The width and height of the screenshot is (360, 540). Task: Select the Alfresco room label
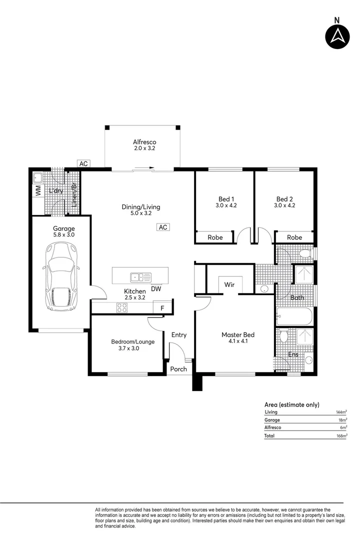click(x=144, y=141)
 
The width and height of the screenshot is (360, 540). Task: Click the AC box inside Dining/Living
click(x=163, y=227)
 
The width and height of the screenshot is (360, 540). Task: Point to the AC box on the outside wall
click(x=83, y=163)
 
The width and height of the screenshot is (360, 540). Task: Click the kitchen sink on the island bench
click(x=137, y=276)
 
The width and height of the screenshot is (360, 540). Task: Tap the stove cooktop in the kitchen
click(x=121, y=308)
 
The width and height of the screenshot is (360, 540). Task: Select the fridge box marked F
click(x=162, y=308)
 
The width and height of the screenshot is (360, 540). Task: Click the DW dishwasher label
click(x=155, y=288)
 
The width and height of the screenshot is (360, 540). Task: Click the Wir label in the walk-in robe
click(x=229, y=285)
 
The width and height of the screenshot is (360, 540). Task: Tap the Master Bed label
click(x=235, y=334)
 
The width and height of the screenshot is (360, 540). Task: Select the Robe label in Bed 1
click(x=215, y=237)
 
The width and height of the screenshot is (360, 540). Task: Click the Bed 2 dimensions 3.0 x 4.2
click(x=284, y=205)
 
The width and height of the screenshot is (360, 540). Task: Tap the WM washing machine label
click(x=37, y=190)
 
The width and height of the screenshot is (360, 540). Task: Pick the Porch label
click(x=178, y=369)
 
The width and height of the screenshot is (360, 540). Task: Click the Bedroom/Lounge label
click(x=132, y=341)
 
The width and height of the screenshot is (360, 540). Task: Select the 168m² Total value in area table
click(x=342, y=436)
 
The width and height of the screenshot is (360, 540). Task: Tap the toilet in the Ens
click(x=284, y=336)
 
